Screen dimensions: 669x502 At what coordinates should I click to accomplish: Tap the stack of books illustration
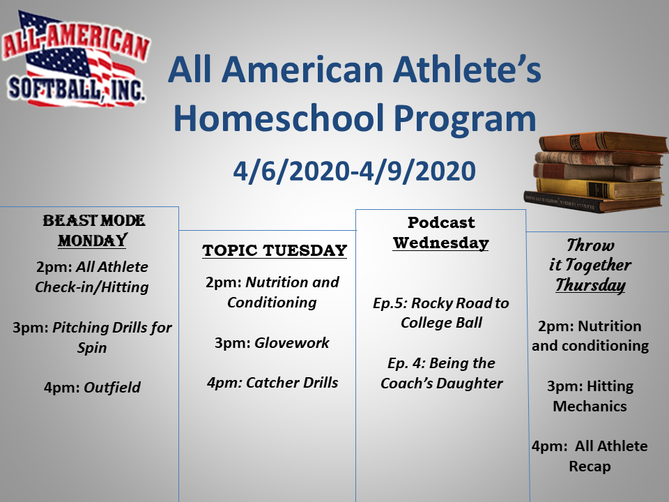596,172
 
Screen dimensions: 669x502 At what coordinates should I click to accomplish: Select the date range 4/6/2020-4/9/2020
354,172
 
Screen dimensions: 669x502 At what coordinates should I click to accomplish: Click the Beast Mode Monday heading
93,231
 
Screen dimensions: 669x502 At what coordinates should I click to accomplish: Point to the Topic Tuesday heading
275,250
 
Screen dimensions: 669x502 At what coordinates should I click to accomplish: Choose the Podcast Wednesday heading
441,233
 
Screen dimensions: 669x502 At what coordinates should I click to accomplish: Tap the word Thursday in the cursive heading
590,285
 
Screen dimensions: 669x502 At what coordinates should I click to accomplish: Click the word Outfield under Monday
112,387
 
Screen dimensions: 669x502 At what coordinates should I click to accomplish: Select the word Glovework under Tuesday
292,342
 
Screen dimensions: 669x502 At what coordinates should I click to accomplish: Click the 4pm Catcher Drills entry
272,383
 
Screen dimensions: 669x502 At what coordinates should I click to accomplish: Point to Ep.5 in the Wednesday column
390,303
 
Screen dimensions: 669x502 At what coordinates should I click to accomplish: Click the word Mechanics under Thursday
590,406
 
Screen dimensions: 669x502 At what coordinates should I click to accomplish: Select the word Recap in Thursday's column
590,466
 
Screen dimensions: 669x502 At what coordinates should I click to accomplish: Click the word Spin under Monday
92,348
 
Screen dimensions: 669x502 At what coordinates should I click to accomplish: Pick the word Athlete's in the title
467,70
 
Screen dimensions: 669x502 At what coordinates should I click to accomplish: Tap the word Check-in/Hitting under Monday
92,287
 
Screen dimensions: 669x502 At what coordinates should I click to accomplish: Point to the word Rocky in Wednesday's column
431,303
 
